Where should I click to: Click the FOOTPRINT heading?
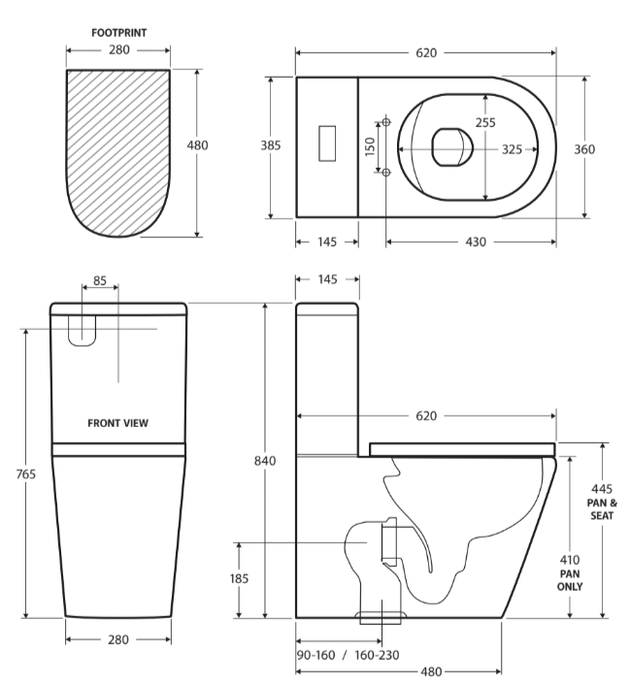click(x=118, y=31)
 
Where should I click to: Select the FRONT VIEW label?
click(x=118, y=423)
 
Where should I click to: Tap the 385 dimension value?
click(x=272, y=146)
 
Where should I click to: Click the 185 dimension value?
click(x=239, y=578)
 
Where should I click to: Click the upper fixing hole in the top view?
click(x=387, y=121)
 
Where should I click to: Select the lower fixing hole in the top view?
click(x=387, y=172)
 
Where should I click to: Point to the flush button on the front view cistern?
click(x=83, y=330)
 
